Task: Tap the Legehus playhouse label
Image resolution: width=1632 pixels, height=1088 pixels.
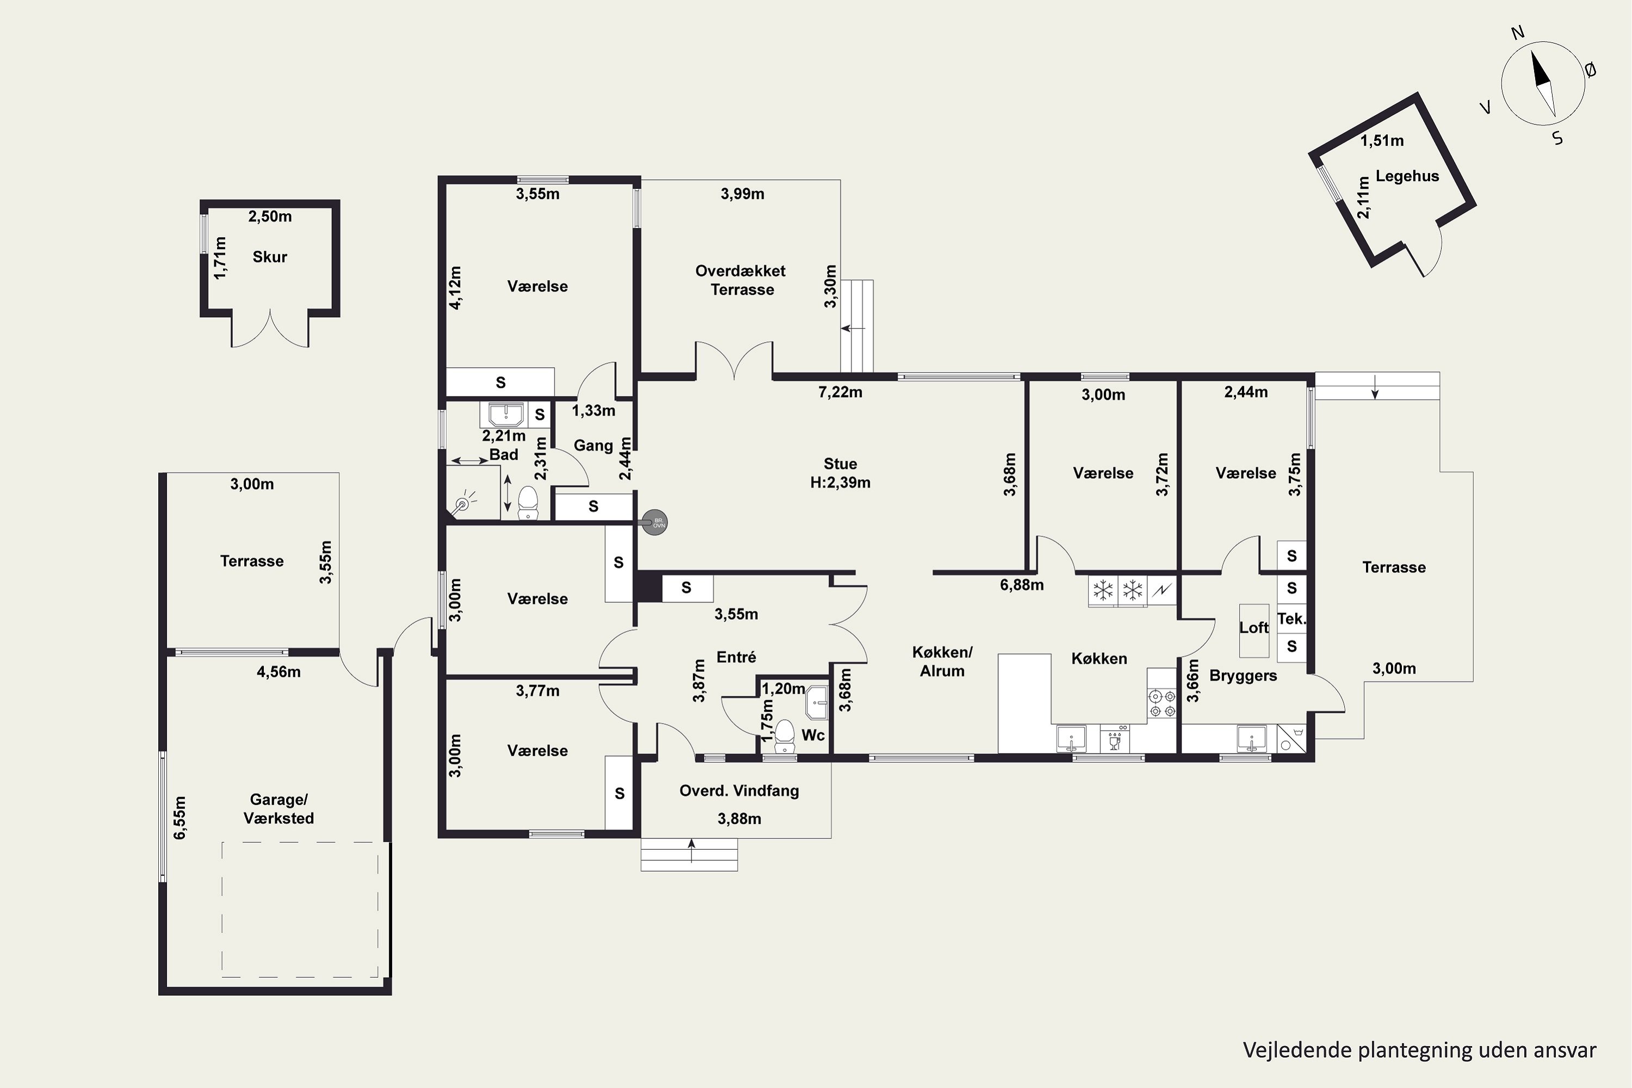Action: (1407, 176)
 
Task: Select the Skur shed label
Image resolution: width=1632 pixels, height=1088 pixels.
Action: (269, 257)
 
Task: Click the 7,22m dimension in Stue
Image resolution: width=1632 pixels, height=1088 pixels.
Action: (840, 392)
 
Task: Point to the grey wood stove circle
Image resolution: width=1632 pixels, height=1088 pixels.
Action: (654, 522)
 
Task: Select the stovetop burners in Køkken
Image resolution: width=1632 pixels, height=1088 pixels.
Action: (1161, 703)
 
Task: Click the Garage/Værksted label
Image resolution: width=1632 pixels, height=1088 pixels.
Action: (278, 809)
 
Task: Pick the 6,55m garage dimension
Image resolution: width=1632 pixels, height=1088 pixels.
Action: (180, 818)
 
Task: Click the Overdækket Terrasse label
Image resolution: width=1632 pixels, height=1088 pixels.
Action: (741, 280)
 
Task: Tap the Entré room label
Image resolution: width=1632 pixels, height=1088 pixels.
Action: (736, 657)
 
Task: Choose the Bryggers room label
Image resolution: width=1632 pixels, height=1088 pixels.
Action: (1242, 676)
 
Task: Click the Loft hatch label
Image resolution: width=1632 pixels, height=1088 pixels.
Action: (1254, 627)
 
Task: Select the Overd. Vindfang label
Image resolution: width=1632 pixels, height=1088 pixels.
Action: (739, 791)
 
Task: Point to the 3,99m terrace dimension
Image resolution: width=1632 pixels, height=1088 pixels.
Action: (743, 194)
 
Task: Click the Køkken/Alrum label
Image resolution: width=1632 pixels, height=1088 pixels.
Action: (942, 662)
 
